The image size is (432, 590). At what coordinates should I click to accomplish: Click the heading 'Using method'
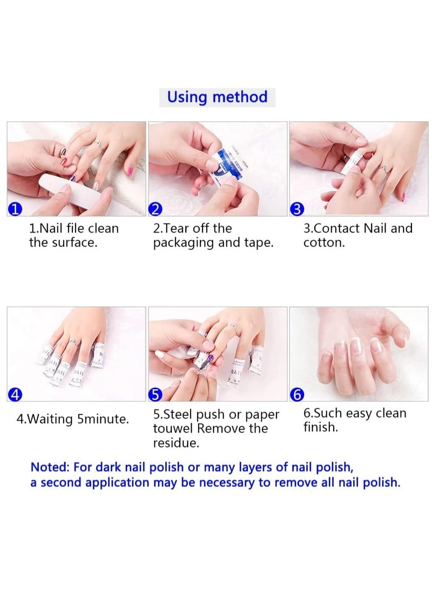tap(217, 97)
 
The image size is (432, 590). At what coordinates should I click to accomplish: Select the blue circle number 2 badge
tap(156, 208)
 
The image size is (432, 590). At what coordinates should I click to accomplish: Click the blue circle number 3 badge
tap(298, 209)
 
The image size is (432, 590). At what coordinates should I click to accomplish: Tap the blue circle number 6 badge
tap(298, 395)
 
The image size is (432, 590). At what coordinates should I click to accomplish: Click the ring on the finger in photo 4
tap(74, 342)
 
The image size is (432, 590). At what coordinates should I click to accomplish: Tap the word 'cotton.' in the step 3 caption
tap(324, 243)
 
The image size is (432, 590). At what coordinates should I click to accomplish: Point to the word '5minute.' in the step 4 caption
tap(103, 419)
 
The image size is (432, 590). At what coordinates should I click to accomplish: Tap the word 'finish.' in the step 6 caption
tap(321, 427)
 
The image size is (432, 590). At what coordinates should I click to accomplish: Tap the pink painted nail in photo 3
tap(403, 196)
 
